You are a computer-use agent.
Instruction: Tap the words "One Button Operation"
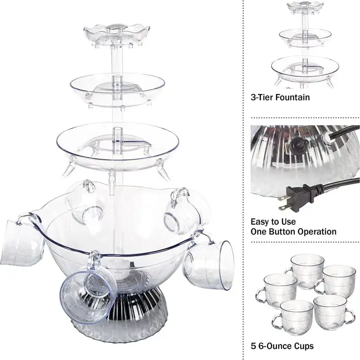tap(293, 232)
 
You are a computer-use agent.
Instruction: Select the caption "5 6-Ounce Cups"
tap(282, 346)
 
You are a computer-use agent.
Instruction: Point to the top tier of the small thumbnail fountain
tap(305, 7)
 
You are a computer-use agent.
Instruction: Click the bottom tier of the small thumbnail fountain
tap(305, 67)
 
